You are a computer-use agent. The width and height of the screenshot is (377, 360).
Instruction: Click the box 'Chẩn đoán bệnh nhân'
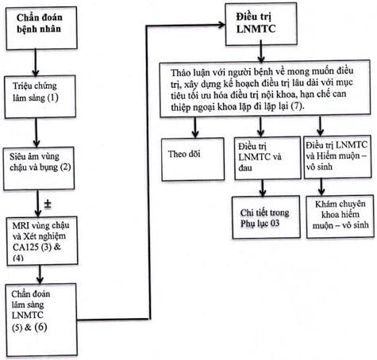coord(41,28)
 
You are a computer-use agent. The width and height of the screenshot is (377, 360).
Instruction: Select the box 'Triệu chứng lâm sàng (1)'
coord(40,97)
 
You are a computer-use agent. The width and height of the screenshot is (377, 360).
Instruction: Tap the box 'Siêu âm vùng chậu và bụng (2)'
coord(39,168)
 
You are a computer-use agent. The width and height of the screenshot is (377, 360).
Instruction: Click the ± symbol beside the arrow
coord(48,205)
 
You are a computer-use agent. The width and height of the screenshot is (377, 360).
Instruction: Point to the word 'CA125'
coord(25,247)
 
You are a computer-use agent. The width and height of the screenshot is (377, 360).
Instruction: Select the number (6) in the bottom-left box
coord(40,327)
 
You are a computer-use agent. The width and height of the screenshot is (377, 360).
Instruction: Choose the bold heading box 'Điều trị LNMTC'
coord(261,24)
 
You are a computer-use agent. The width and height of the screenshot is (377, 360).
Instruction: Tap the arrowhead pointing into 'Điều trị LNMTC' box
coord(221,25)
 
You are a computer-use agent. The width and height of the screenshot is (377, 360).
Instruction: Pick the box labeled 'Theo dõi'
coord(193,159)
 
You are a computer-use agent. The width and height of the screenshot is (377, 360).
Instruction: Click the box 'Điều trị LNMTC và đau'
coord(267,158)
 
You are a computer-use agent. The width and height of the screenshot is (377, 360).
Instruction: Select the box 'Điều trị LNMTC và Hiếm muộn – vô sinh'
coord(337,157)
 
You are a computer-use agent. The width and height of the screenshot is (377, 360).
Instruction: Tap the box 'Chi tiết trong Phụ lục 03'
coord(266,217)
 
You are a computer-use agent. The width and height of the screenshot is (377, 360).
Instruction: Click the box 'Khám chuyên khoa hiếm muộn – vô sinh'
coord(340,216)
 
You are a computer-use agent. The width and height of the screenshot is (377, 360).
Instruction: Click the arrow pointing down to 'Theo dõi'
coord(195,127)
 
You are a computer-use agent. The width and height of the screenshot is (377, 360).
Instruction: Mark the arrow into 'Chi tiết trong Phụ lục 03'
coord(263,188)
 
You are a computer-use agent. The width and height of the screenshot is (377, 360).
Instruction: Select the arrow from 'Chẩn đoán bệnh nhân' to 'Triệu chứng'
coord(36,63)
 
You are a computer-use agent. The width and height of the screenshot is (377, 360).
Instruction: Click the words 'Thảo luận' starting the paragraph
coord(190,72)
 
